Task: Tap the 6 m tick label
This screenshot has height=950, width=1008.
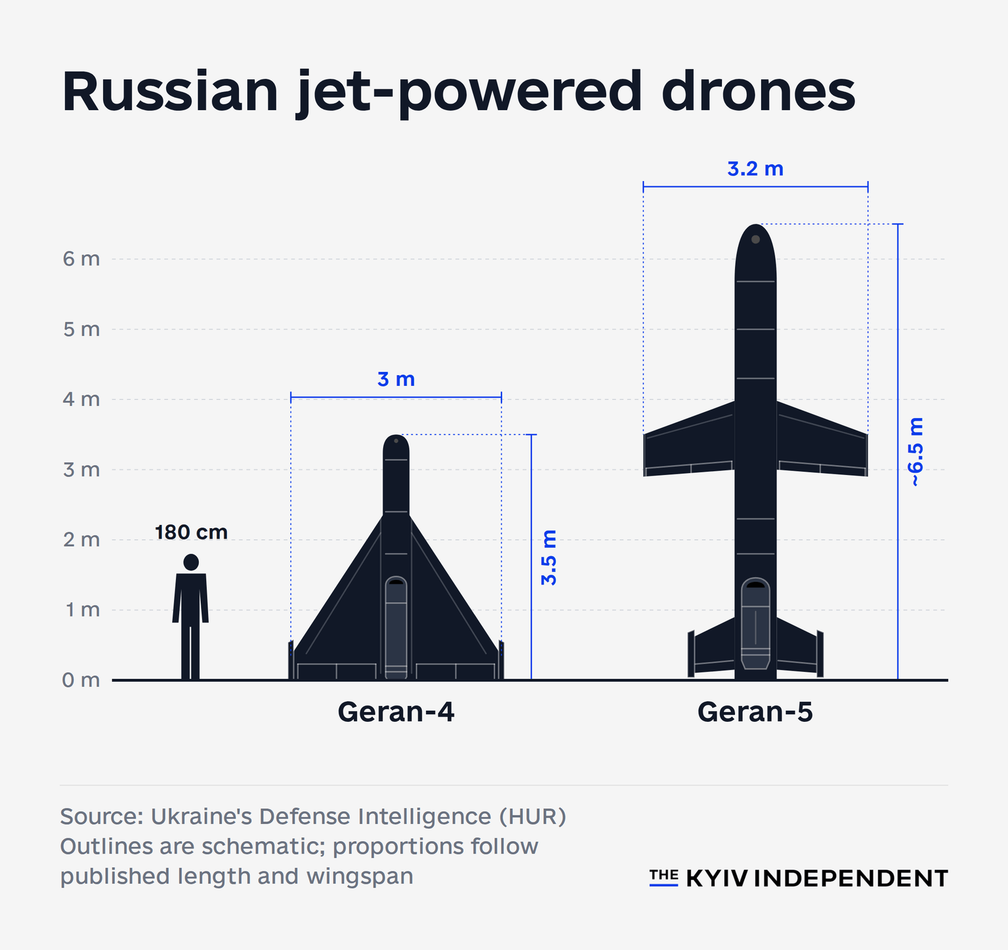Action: point(81,259)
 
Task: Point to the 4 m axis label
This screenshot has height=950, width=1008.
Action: point(81,400)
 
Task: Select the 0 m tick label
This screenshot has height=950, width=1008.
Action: point(81,680)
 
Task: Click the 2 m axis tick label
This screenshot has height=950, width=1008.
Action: point(81,540)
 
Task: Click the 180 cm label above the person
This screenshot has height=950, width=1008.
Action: point(191,532)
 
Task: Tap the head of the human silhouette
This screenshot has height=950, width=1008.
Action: point(191,562)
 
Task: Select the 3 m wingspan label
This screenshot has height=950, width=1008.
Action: point(396,379)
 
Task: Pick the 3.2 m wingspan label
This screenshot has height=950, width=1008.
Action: point(755,169)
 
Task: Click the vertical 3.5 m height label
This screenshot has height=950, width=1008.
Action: point(549,558)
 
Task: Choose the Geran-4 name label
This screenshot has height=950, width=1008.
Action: point(396,712)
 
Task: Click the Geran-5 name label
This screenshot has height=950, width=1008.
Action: point(755,712)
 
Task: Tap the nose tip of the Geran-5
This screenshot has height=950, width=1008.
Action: point(756,225)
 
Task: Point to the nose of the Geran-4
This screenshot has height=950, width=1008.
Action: point(396,436)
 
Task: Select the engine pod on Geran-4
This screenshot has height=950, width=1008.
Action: point(396,627)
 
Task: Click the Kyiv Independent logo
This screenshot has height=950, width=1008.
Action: point(799,878)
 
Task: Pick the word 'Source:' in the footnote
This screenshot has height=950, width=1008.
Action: point(102,816)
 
